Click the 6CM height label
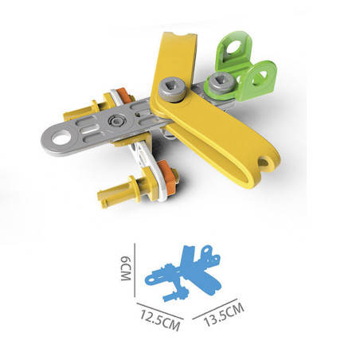pyautogui.click(x=126, y=268)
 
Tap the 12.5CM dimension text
pyautogui.click(x=160, y=320)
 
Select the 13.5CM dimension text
pyautogui.click(x=224, y=315)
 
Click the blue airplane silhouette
pyautogui.click(x=183, y=273)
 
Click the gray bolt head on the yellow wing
pyautogui.click(x=173, y=90)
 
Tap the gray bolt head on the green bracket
pyautogui.click(x=221, y=82)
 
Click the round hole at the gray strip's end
pyautogui.click(x=61, y=138)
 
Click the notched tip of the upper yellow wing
pyautogui.click(x=179, y=36)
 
